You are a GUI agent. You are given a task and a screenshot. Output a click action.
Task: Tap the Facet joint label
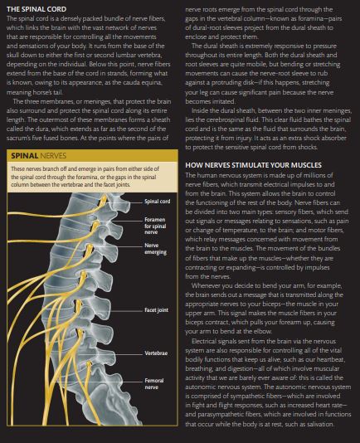point(156,309)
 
